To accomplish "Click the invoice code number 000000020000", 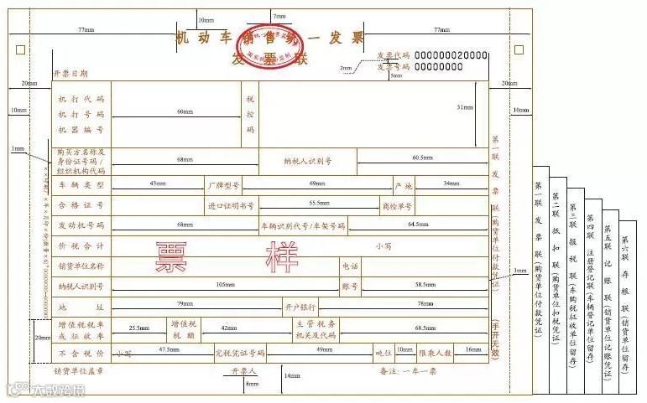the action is point(451,54).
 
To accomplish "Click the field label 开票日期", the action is point(70,75).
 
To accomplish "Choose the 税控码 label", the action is point(249,114).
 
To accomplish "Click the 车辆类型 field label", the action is point(81,184).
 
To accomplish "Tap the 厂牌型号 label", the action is point(223,184).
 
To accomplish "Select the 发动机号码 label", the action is point(81,225).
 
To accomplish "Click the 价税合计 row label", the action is point(81,246).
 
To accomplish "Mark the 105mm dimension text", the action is point(225,285).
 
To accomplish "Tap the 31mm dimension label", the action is point(463,107).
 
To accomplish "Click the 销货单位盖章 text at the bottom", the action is point(79,369).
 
